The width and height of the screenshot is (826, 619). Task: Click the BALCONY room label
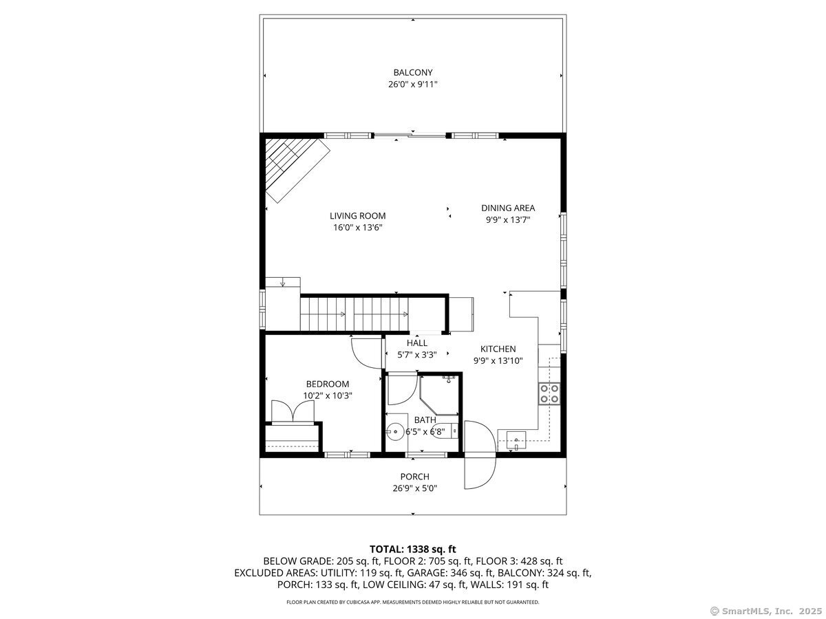[x=413, y=72]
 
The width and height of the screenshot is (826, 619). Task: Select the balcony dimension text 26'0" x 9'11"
[x=413, y=85]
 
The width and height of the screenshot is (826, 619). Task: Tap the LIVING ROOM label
[x=357, y=215]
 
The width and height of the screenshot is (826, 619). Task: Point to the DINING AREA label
[x=508, y=208]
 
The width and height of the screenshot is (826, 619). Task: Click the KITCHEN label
[x=498, y=349]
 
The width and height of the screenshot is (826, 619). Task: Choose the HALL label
[x=416, y=343]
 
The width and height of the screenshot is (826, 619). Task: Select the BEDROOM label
[x=327, y=384]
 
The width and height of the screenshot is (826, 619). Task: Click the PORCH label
[x=414, y=477]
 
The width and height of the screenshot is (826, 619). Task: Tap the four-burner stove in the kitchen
[x=549, y=393]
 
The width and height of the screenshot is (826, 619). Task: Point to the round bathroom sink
[x=395, y=433]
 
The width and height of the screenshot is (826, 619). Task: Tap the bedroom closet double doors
[x=294, y=411]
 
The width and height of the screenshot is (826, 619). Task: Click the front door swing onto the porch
[x=480, y=456]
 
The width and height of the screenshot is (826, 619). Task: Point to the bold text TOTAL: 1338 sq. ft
[x=412, y=549]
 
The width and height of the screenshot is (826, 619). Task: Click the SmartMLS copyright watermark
[x=765, y=610]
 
